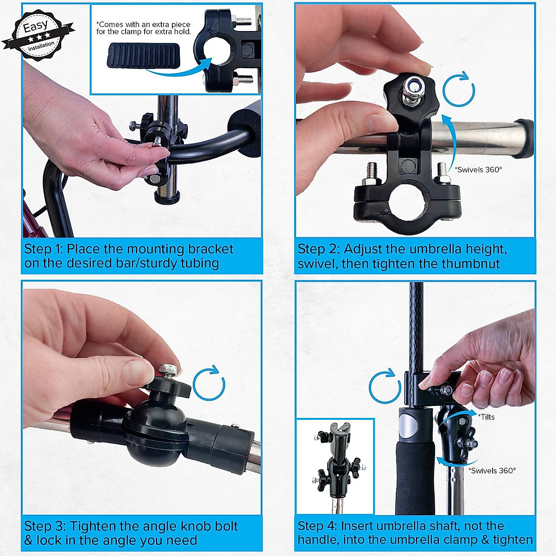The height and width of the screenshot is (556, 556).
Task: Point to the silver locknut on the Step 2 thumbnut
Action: pyautogui.click(x=412, y=88)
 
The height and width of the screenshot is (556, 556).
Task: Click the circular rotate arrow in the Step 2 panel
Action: pyautogui.click(x=459, y=90)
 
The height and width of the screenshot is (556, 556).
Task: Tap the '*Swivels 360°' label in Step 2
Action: pyautogui.click(x=478, y=170)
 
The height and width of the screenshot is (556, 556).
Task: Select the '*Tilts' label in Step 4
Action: pyautogui.click(x=486, y=417)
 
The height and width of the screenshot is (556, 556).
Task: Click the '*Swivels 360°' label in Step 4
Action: pyautogui.click(x=492, y=471)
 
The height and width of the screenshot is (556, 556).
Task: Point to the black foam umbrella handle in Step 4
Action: pyautogui.click(x=415, y=477)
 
